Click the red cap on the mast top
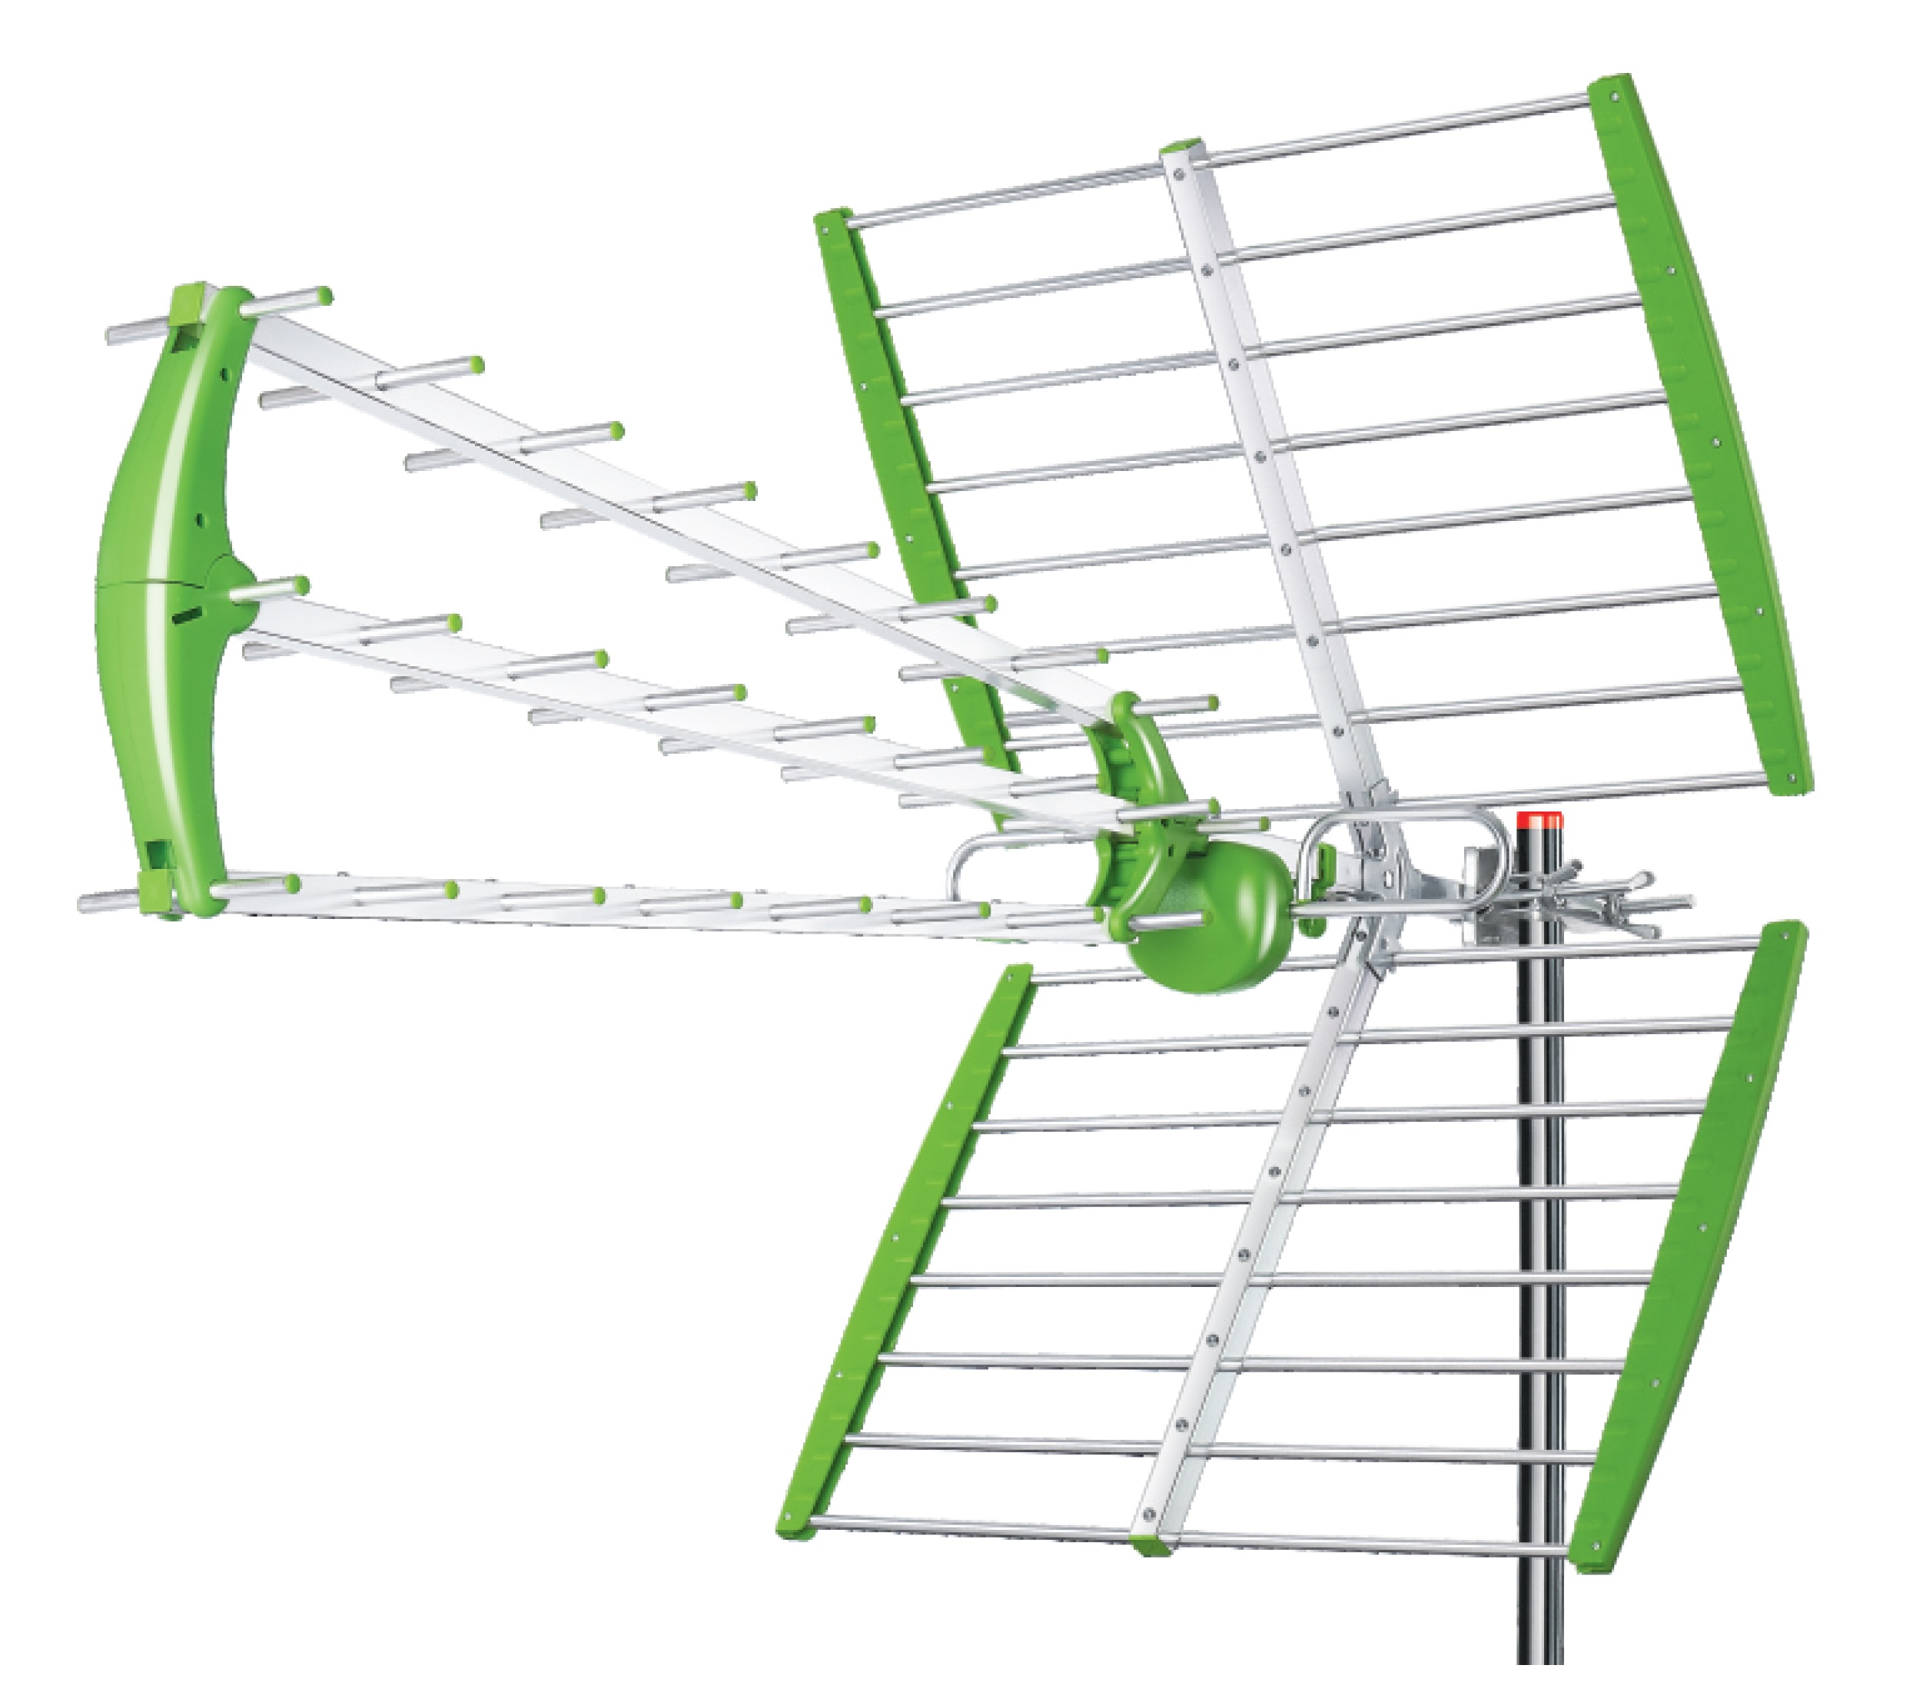coord(1539,821)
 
